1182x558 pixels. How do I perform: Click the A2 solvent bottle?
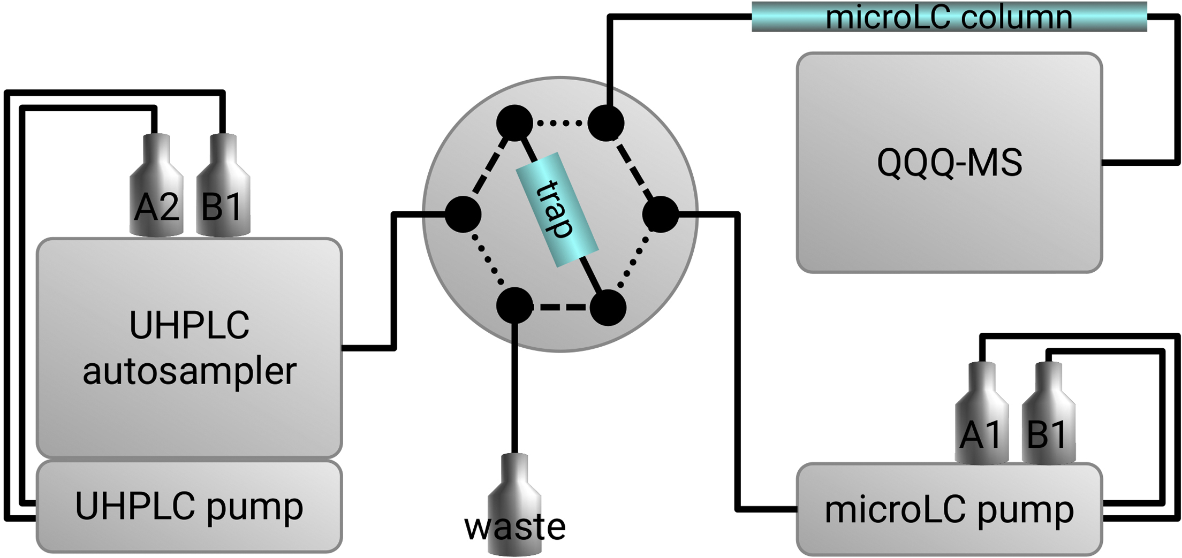point(157,187)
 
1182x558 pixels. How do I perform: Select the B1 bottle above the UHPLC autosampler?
point(223,187)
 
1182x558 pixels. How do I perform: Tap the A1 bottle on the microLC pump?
point(982,415)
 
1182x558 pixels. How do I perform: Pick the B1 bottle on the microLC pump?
point(1048,415)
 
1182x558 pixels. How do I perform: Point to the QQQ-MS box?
point(949,163)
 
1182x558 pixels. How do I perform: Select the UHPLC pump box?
point(189,506)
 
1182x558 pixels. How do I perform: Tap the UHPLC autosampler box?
point(189,348)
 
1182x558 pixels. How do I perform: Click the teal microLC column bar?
point(949,17)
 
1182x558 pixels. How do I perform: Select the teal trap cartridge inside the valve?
point(557,210)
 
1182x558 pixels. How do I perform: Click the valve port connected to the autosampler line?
point(463,214)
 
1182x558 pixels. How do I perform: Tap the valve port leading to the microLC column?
point(606,123)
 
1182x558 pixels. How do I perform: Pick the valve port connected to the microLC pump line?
point(661,214)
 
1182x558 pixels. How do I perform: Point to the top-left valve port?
point(514,123)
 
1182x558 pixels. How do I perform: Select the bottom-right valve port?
point(608,308)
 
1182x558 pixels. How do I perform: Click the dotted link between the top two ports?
point(560,124)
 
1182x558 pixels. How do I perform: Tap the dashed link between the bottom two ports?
point(561,307)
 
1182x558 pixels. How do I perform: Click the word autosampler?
point(189,371)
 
